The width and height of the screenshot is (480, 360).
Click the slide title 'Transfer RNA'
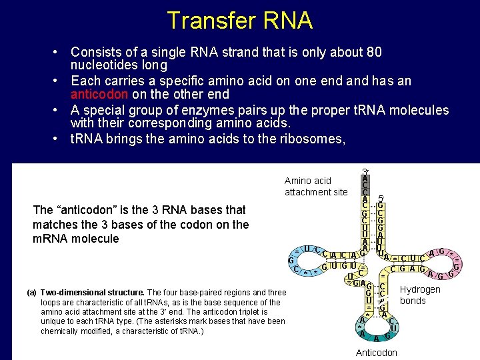[239, 21]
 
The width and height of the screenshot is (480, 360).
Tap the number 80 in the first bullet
[374, 52]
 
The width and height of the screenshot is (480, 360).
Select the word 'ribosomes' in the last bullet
[310, 138]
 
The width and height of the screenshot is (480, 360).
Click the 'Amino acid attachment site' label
[315, 186]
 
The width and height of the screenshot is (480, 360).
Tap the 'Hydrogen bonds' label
[420, 295]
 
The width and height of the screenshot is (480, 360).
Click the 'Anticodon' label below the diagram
[376, 353]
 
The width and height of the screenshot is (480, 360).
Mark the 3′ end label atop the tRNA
[365, 171]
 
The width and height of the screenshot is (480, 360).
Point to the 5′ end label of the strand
[381, 198]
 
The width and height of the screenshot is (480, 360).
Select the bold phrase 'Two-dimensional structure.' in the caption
[92, 293]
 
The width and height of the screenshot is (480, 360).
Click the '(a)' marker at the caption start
[31, 293]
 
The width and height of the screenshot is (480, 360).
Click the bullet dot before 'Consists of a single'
[59, 52]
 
